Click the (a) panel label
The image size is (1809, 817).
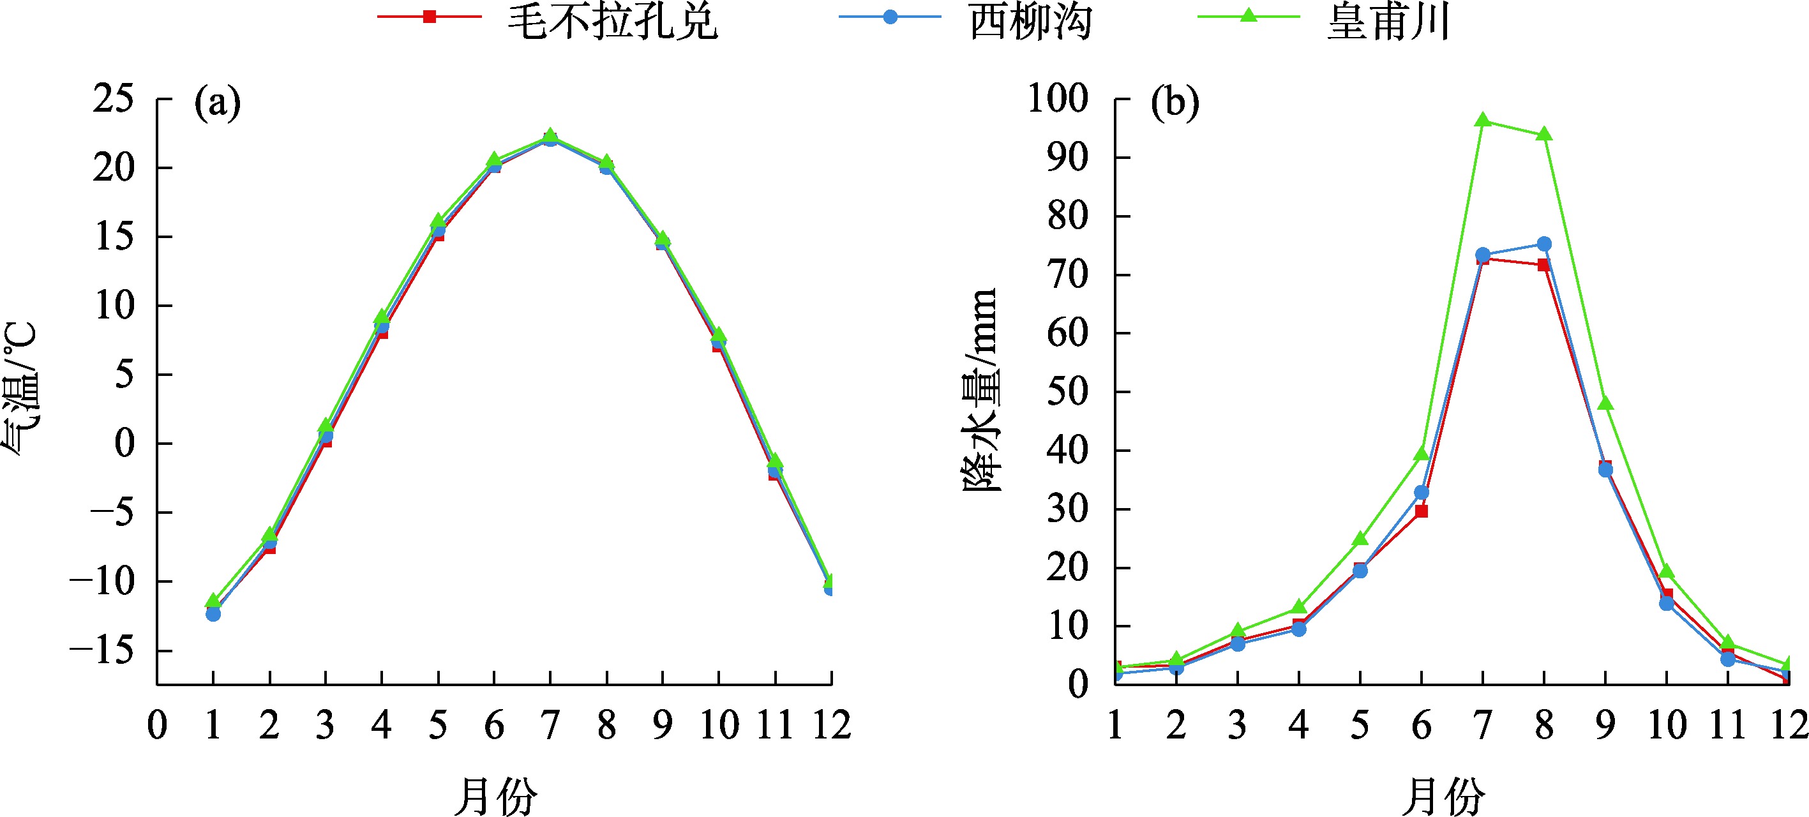[218, 103]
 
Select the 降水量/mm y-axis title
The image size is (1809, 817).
[979, 390]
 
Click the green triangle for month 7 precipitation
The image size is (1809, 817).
[1483, 120]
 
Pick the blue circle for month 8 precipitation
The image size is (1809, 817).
[1544, 244]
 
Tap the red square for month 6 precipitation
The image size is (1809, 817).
[1422, 511]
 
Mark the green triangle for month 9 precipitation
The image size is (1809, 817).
[1605, 403]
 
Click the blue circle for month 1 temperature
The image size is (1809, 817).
[213, 614]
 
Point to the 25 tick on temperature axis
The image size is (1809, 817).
[113, 98]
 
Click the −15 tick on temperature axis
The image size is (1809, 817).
[102, 650]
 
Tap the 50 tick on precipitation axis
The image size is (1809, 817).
[1067, 391]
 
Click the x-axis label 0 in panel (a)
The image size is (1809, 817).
[157, 726]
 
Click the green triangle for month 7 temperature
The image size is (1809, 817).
[551, 135]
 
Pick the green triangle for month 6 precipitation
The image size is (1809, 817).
[1422, 454]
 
